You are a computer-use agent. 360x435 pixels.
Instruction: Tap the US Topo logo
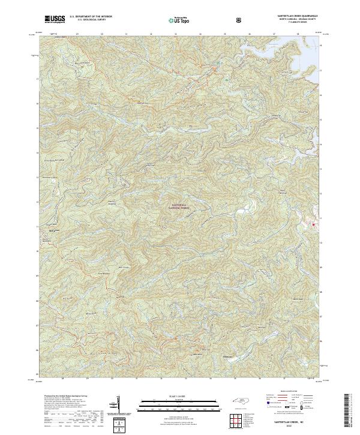181,20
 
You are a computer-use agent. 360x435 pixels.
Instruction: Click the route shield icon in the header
240,20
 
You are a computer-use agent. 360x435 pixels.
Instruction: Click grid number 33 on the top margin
176,35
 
